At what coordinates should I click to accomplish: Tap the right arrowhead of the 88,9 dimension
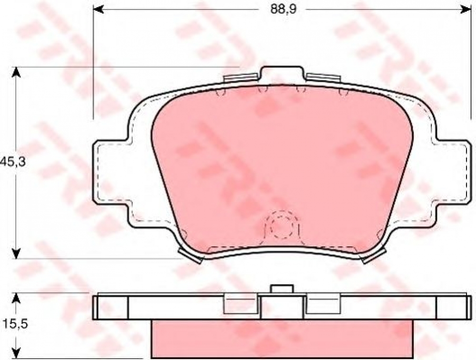pos(465,10)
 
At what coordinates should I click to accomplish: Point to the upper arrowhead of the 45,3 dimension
pos(16,73)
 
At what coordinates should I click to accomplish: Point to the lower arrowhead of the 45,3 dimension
pos(16,253)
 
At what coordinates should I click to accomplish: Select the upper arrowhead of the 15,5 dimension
pos(16,299)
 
